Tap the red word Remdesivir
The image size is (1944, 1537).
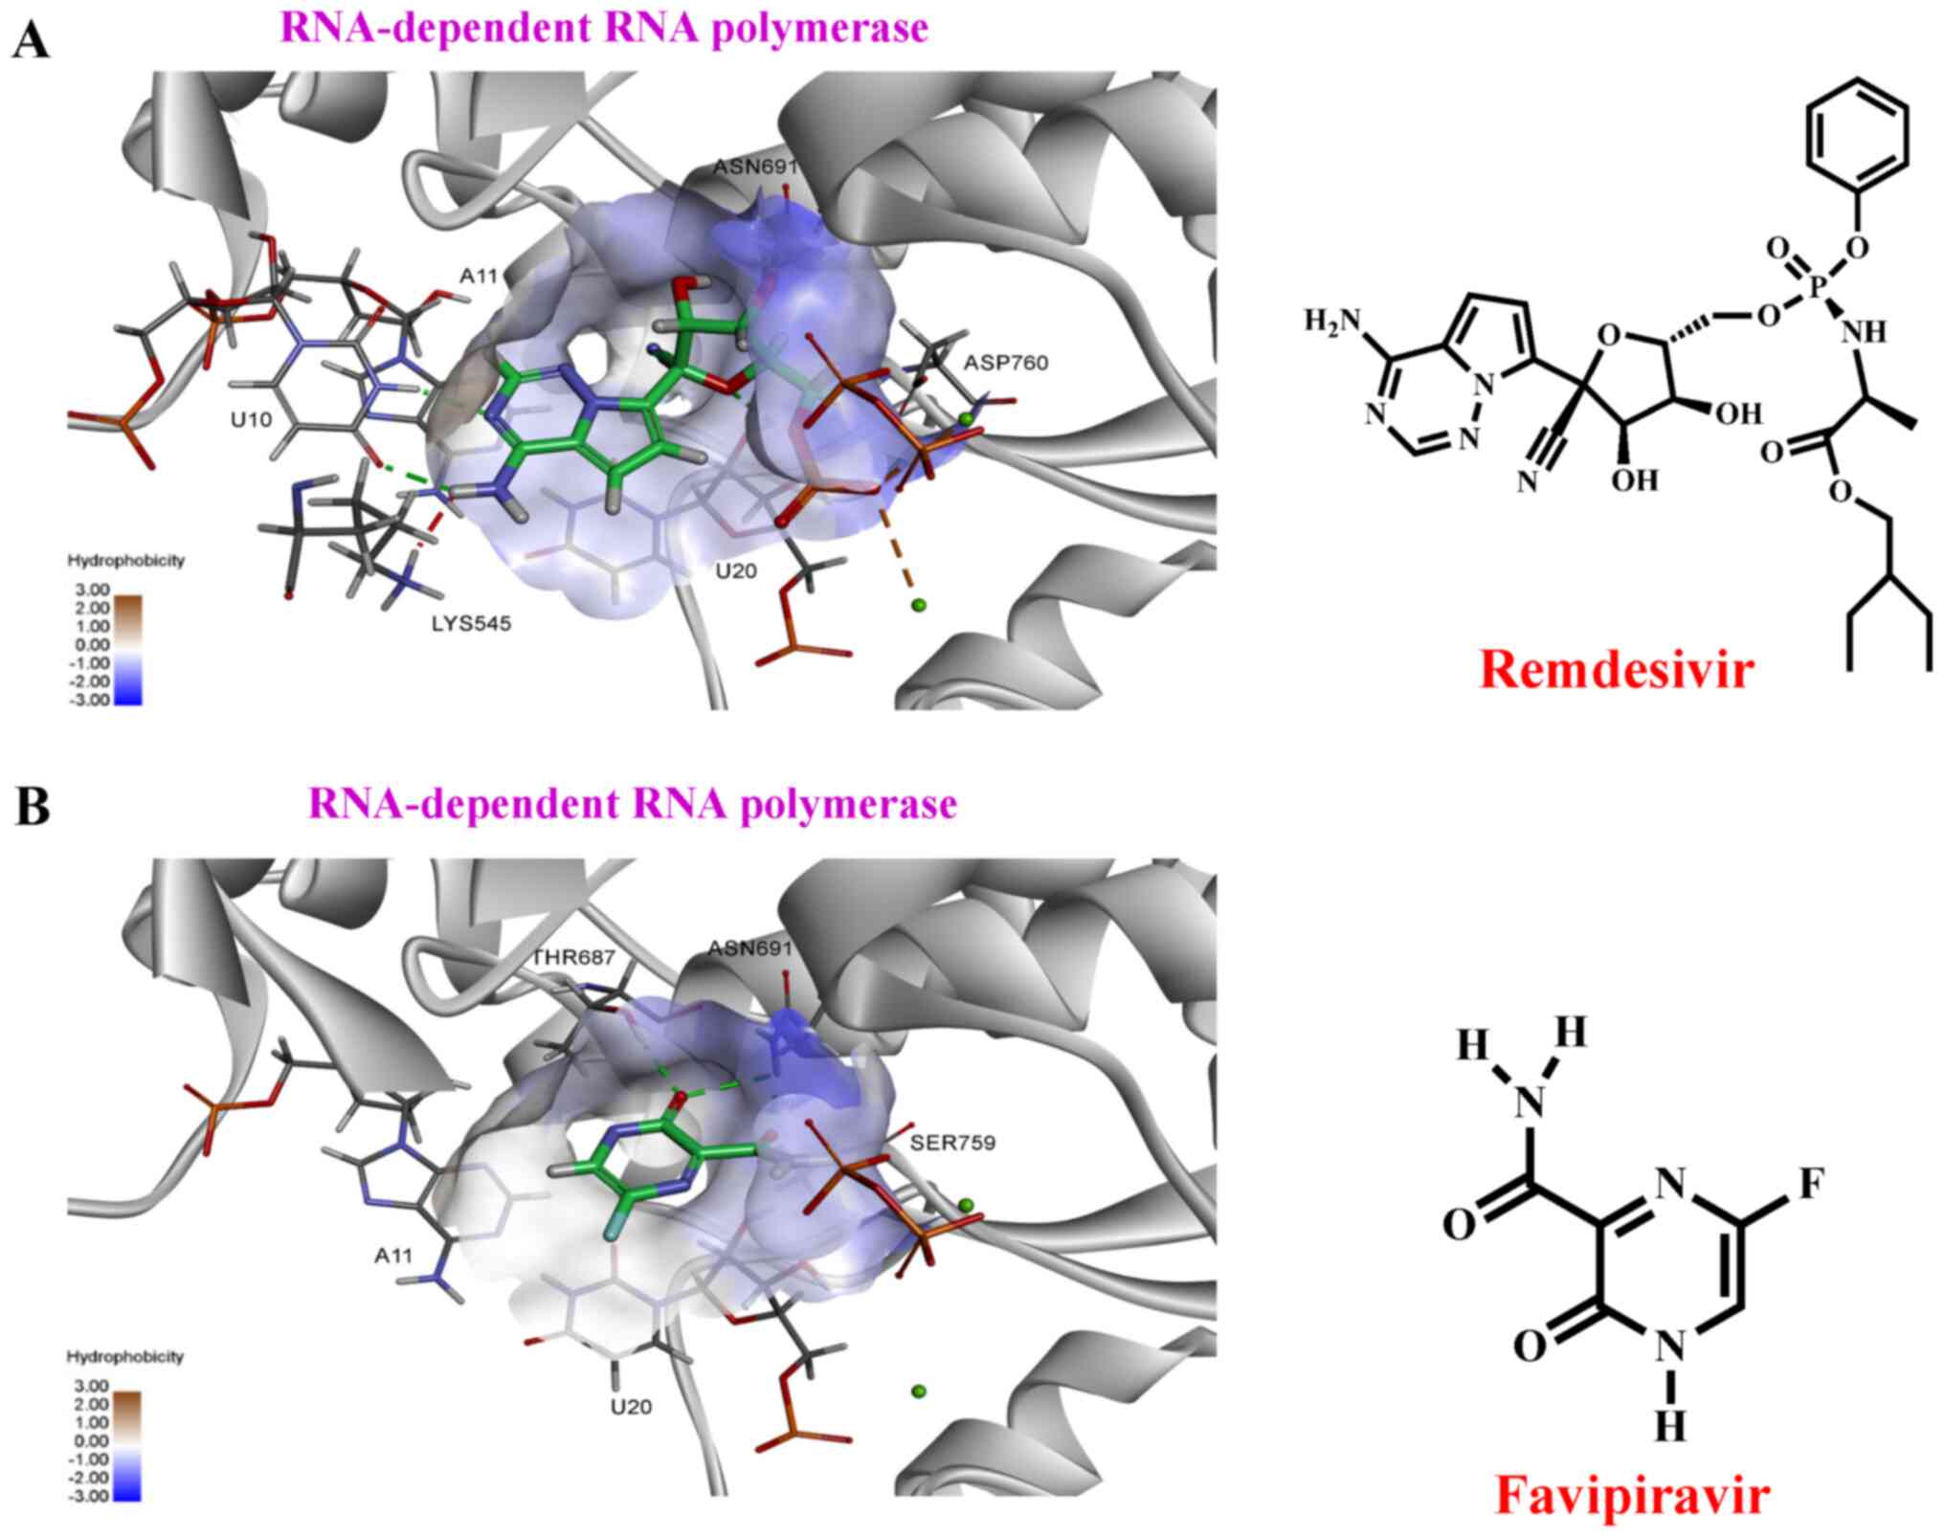(1617, 670)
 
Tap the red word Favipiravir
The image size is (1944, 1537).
(1633, 1495)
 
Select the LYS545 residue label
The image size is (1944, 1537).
(471, 624)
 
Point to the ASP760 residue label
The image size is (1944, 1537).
(1006, 363)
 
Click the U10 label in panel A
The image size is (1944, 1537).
(251, 419)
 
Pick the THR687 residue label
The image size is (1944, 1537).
(573, 957)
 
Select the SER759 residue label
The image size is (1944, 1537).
(952, 1143)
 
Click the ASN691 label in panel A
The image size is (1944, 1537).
(755, 167)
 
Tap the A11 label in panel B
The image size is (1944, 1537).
(392, 1255)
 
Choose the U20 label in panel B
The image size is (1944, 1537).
(631, 1407)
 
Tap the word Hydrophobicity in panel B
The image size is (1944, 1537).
(125, 1357)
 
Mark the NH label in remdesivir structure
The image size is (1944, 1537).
(1863, 332)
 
